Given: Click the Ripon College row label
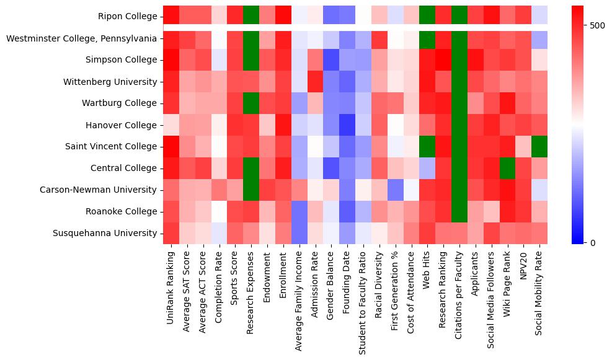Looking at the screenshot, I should point(127,17).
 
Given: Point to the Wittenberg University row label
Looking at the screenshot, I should point(110,82).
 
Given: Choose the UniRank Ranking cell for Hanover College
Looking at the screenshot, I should point(171,125).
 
